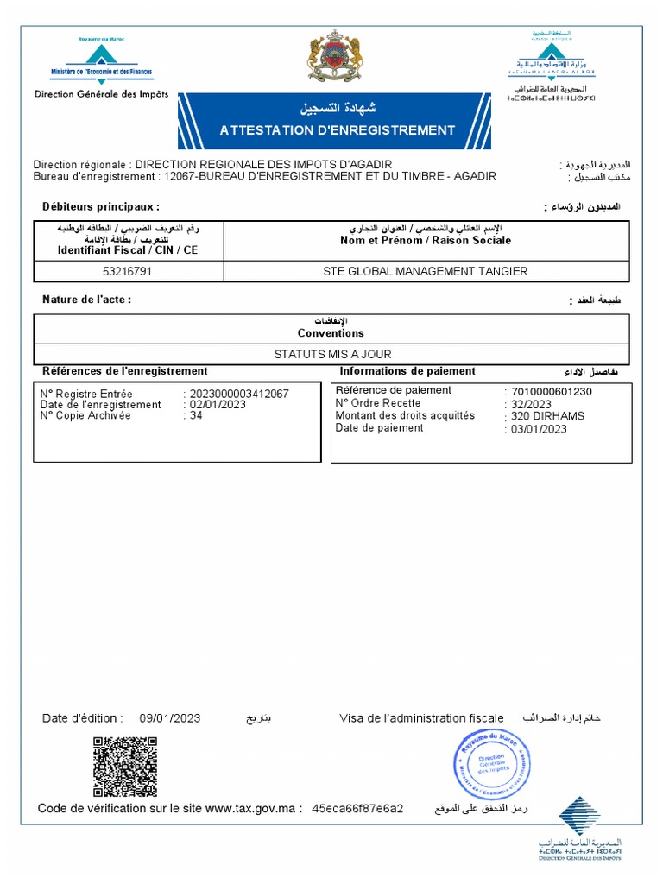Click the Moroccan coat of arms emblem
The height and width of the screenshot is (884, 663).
(331, 60)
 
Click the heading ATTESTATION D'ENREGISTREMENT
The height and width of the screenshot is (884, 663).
(337, 130)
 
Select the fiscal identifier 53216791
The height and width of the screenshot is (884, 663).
(128, 271)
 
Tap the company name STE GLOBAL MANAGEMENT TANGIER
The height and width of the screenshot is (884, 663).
(425, 271)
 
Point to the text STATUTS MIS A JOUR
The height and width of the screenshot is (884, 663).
(332, 354)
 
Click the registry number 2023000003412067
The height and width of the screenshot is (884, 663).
(238, 394)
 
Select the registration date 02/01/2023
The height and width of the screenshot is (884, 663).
(218, 404)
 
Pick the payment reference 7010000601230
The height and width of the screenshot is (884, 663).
(552, 391)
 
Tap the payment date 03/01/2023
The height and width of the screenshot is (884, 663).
(539, 428)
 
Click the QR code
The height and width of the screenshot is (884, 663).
(125, 767)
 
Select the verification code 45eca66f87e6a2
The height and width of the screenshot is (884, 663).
(357, 809)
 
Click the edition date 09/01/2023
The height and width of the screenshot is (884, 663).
(169, 718)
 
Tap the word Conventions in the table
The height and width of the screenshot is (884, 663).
(331, 333)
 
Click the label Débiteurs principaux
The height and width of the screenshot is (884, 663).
(101, 207)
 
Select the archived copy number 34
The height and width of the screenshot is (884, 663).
(196, 415)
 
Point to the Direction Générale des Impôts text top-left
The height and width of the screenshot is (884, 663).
(101, 94)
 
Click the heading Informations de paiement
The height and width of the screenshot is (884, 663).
(407, 371)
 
